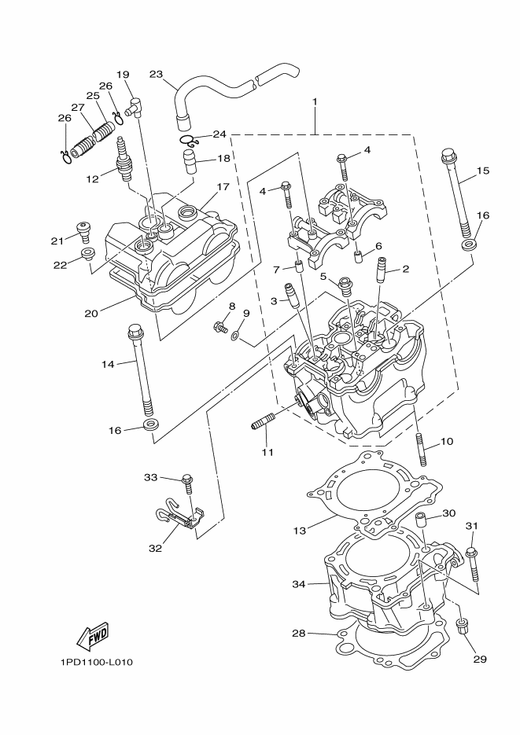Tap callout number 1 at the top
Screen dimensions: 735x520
[x=315, y=102]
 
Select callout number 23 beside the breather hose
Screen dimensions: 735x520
[x=157, y=75]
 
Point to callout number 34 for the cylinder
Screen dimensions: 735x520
[x=298, y=584]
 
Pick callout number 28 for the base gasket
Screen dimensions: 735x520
[x=299, y=632]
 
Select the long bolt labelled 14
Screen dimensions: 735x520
[x=142, y=369]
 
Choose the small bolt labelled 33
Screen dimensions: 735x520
[x=187, y=483]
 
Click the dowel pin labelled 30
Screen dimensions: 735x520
[x=422, y=520]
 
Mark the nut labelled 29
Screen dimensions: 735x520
[x=463, y=627]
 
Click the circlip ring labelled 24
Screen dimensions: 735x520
[x=186, y=141]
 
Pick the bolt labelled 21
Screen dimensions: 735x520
[x=83, y=230]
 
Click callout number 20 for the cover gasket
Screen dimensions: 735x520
[x=92, y=313]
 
